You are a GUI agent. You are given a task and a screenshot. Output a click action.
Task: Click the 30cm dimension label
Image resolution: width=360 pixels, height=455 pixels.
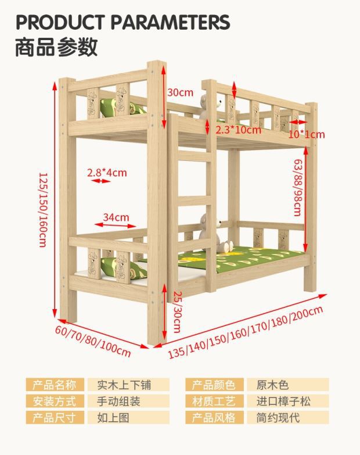pos(180,92)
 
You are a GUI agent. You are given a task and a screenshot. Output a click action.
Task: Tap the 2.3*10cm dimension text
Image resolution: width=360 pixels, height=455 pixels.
pos(238,130)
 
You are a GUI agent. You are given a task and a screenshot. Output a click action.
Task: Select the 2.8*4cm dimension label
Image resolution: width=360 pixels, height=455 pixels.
pos(107,172)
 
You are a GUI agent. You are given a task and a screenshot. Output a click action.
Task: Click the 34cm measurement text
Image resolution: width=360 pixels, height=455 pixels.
pos(116,217)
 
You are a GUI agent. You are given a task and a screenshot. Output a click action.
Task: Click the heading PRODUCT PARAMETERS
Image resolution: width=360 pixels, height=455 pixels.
pos(123,22)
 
